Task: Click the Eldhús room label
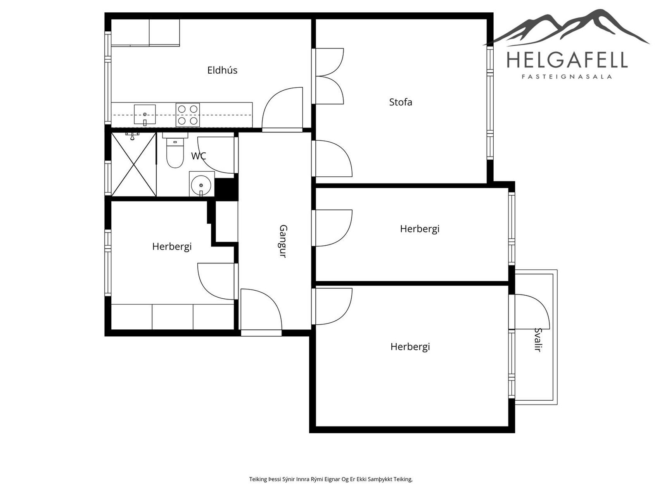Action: [222, 70]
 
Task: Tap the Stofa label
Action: [401, 102]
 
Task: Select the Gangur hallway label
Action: [283, 241]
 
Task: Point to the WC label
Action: [199, 156]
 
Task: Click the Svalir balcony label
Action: [538, 339]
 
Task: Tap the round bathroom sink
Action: [202, 184]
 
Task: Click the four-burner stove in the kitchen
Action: [188, 115]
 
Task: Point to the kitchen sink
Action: [145, 115]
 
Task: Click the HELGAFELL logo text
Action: [567, 60]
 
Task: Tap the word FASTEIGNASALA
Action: [567, 77]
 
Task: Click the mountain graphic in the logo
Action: [567, 27]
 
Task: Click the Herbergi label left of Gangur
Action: [172, 247]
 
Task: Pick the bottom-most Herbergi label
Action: [410, 347]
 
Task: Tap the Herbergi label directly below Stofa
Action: [420, 229]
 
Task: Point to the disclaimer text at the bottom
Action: [331, 479]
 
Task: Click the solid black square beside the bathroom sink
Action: [226, 189]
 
